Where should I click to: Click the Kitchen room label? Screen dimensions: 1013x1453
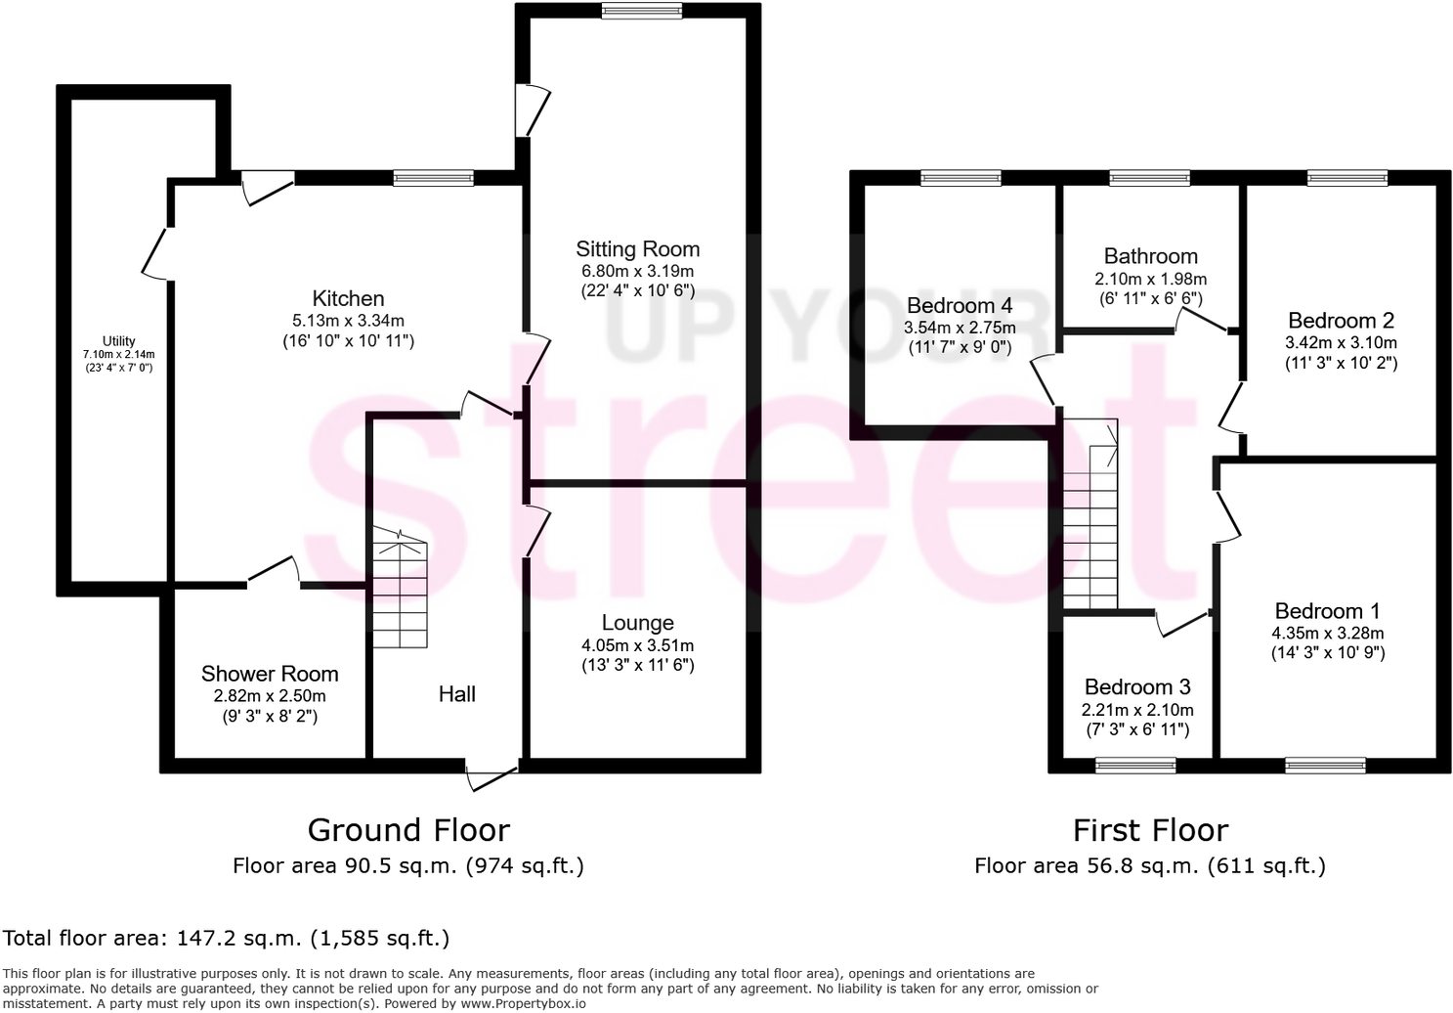[x=348, y=299]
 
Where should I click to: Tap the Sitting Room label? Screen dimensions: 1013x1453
[x=637, y=249]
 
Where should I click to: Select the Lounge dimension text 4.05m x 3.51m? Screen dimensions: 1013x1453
[x=637, y=645]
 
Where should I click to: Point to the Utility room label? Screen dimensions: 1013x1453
[x=119, y=341]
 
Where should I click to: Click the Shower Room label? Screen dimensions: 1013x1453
[x=270, y=674]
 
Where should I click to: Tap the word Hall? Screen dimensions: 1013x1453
[x=456, y=694]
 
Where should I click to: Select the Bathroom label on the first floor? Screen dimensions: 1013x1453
[x=1150, y=256]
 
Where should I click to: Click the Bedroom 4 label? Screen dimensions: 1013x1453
[x=959, y=305]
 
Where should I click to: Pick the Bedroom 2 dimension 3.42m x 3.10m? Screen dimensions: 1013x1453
[x=1341, y=342]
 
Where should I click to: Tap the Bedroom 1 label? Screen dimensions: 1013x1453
[x=1327, y=611]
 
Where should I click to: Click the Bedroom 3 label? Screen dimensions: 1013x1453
[x=1137, y=686]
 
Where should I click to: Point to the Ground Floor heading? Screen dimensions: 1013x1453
[x=408, y=830]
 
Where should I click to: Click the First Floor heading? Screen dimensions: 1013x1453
[x=1150, y=830]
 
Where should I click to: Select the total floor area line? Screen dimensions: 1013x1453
[x=227, y=939]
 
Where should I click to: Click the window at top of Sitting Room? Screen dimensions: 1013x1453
[x=642, y=12]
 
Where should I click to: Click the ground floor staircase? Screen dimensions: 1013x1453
[x=400, y=591]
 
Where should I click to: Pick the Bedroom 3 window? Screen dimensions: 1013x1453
[x=1135, y=765]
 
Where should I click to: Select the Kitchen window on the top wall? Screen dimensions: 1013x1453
[x=434, y=178]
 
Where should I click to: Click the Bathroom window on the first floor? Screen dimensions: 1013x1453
[x=1150, y=178]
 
